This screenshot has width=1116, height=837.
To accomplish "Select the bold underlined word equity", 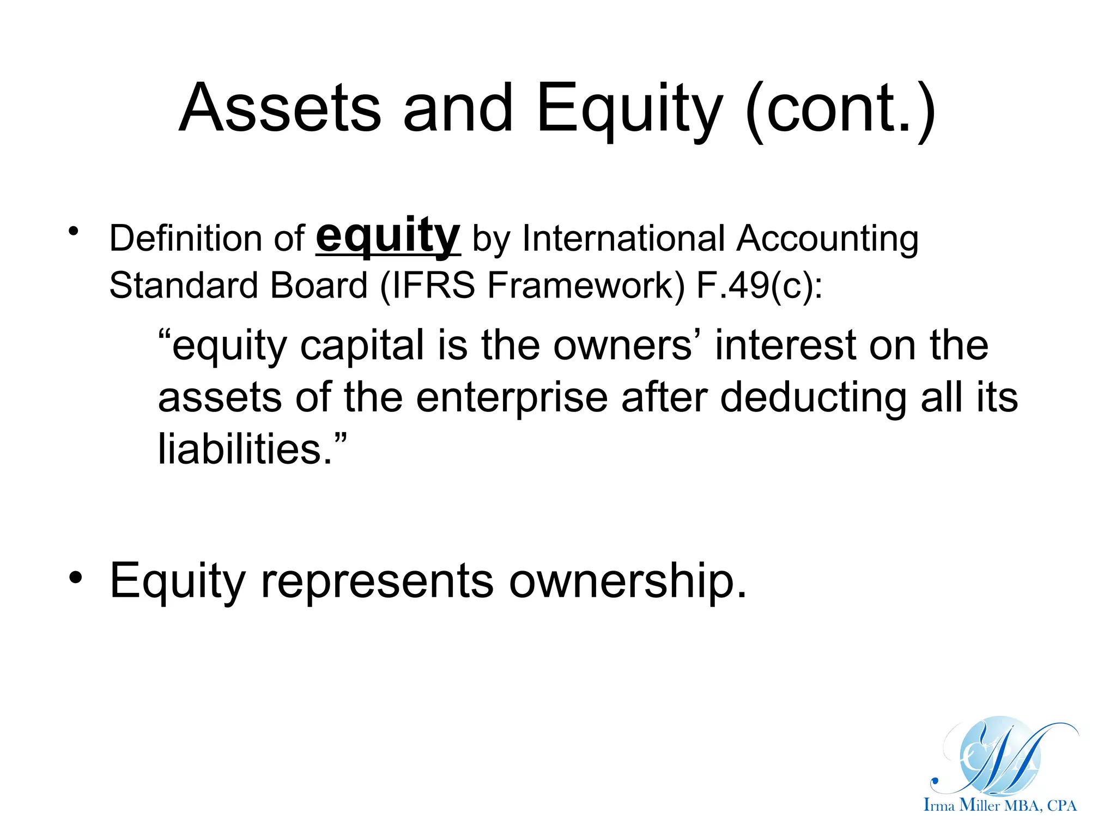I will coord(388,235).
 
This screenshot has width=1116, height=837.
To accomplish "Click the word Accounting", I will coord(828,240).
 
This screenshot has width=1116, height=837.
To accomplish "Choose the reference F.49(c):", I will coord(760,286).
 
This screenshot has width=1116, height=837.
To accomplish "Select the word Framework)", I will coord(586,286).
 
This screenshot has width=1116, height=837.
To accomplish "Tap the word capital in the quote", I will coord(362,346).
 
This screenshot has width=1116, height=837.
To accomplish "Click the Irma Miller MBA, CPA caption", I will coord(1000,805).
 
